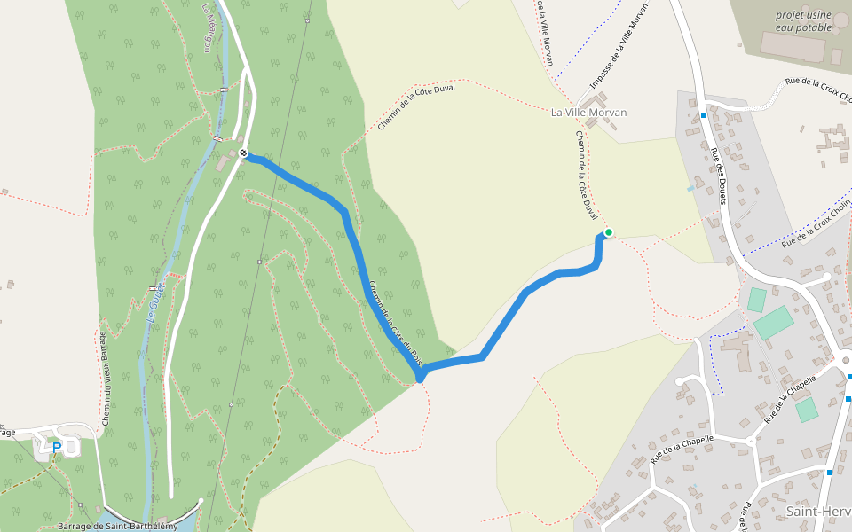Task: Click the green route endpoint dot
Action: [609, 232]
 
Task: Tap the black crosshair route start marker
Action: [243, 153]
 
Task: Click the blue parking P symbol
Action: [57, 448]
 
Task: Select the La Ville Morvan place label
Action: [588, 113]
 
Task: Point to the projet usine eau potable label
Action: [803, 21]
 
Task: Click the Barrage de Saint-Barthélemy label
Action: [117, 526]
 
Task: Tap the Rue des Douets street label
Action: [718, 176]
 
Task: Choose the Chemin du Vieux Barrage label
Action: [104, 379]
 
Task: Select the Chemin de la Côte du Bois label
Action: [395, 325]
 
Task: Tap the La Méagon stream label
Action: [209, 27]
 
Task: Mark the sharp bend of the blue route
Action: [420, 378]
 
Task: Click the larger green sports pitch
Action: [775, 322]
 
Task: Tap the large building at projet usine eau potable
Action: [793, 46]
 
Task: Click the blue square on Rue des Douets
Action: [703, 114]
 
